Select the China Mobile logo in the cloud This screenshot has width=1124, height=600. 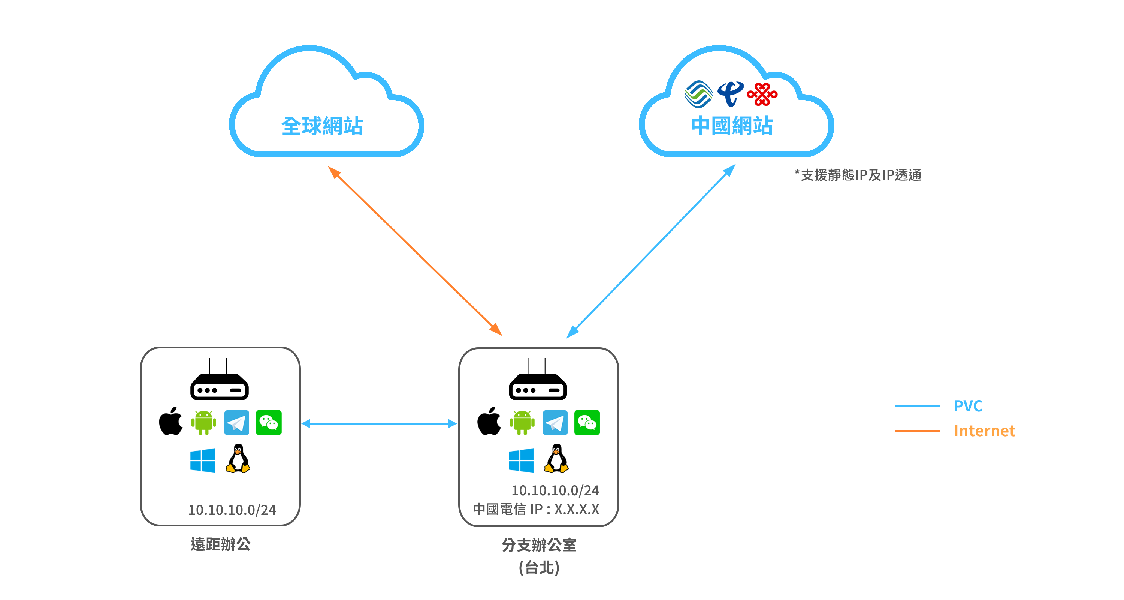click(698, 94)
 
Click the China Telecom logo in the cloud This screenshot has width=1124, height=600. click(730, 93)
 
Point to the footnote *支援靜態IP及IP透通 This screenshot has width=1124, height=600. click(858, 175)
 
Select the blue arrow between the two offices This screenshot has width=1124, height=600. click(379, 423)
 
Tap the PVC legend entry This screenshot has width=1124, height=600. click(968, 406)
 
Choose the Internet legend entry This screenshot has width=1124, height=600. click(984, 431)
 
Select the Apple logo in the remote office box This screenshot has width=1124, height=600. click(170, 421)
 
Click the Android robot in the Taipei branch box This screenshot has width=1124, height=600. click(522, 422)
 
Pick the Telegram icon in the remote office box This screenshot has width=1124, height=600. click(236, 422)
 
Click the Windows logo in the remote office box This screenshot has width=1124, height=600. click(203, 460)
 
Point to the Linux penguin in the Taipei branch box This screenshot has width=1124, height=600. click(556, 459)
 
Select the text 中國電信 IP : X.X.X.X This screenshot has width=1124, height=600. click(536, 509)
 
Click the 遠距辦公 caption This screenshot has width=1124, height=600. click(220, 544)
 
